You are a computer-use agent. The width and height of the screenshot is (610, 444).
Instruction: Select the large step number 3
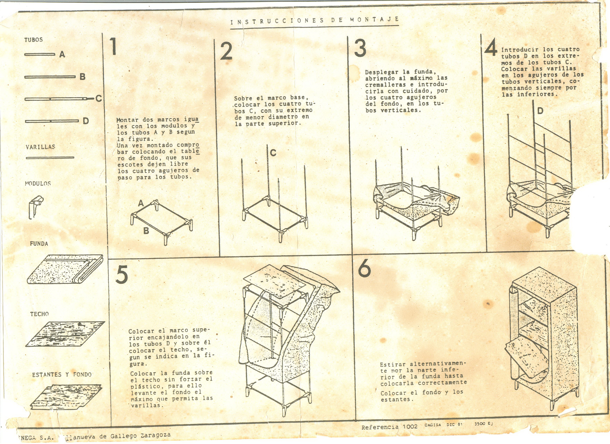(x=360, y=48)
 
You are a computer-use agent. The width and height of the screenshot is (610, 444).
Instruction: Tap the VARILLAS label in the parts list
(x=40, y=147)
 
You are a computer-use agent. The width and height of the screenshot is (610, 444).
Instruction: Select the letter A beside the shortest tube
(x=62, y=54)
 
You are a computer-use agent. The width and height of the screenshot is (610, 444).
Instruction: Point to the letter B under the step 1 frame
(x=146, y=231)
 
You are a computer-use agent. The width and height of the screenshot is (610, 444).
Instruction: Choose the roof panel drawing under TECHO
(x=65, y=334)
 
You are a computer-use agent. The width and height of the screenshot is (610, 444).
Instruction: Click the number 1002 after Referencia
(x=410, y=427)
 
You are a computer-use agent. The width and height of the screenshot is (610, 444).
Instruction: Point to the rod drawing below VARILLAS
(x=50, y=158)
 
